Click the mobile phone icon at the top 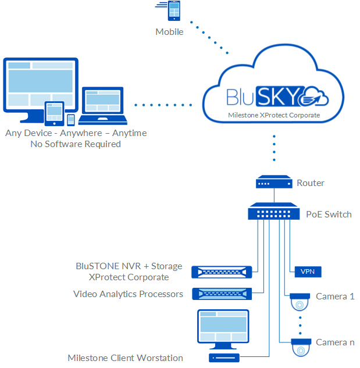(x=173, y=11)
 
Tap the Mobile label (x=169, y=32)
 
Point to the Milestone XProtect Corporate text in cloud (x=274, y=116)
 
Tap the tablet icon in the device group (x=54, y=113)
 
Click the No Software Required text (x=76, y=144)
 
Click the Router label (x=311, y=183)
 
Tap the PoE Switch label (x=329, y=214)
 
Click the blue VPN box (x=305, y=271)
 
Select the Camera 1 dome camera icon (x=300, y=302)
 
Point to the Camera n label (x=335, y=342)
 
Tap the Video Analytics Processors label (x=128, y=294)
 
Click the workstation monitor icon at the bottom (x=224, y=329)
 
